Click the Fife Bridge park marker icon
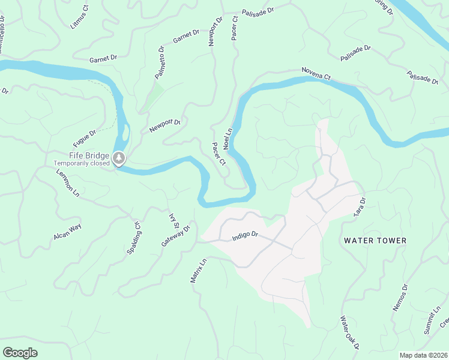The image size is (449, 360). pos(120,158)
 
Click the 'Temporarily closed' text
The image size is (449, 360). pos(82,163)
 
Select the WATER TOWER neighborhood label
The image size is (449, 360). pos(375,241)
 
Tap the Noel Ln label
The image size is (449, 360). pos(228,139)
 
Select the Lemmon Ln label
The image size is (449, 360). pos(68,182)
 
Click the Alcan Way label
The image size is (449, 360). pos(67,232)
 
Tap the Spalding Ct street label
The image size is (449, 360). pos(134,238)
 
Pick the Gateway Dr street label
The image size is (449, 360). pos(175,236)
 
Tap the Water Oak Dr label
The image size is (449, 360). pos(349,332)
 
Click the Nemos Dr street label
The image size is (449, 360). pos(400,298)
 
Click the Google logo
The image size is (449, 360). pos(20,352)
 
